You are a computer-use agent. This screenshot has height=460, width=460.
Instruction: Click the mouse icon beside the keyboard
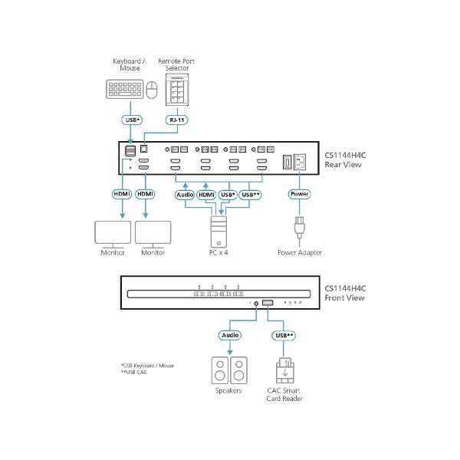151,90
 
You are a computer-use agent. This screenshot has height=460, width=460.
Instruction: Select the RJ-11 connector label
177,120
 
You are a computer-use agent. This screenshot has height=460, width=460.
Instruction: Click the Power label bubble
299,194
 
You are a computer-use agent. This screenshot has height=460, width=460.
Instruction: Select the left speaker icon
219,370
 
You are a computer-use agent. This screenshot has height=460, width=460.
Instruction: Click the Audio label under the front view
230,335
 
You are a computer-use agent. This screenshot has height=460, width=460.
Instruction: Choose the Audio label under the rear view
185,194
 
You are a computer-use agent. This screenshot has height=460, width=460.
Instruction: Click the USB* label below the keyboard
132,120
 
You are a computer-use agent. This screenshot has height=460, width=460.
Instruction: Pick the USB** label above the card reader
283,335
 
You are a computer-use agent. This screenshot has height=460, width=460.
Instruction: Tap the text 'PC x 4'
219,252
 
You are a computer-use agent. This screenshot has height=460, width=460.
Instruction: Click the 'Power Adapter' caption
300,252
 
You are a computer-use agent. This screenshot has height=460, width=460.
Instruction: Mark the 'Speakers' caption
228,390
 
